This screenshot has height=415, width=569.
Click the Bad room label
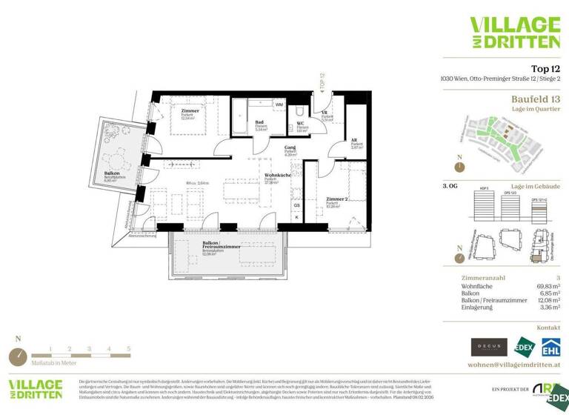[x=259, y=123]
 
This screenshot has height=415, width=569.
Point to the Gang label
[x=290, y=147]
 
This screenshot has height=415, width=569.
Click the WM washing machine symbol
[x=279, y=105]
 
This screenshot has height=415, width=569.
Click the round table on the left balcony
[x=116, y=158]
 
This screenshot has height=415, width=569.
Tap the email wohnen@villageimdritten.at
[x=514, y=365]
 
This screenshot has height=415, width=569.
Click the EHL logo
[x=550, y=347]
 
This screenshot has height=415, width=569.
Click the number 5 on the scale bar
[x=128, y=348]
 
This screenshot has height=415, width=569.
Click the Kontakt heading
[x=549, y=326]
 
